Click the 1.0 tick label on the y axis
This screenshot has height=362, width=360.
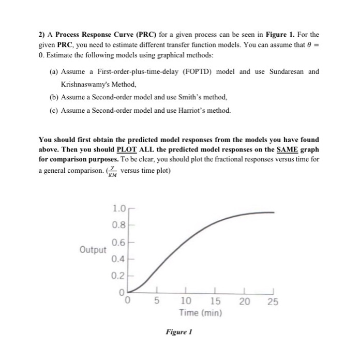pyautogui.click(x=118, y=209)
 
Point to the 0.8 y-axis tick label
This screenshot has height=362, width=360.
pyautogui.click(x=118, y=225)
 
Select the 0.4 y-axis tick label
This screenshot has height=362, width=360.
pyautogui.click(x=118, y=258)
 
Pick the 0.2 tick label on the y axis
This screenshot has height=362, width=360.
pyautogui.click(x=118, y=276)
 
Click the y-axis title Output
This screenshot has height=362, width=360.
pyautogui.click(x=93, y=250)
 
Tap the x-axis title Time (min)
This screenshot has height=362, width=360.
pyautogui.click(x=200, y=313)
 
